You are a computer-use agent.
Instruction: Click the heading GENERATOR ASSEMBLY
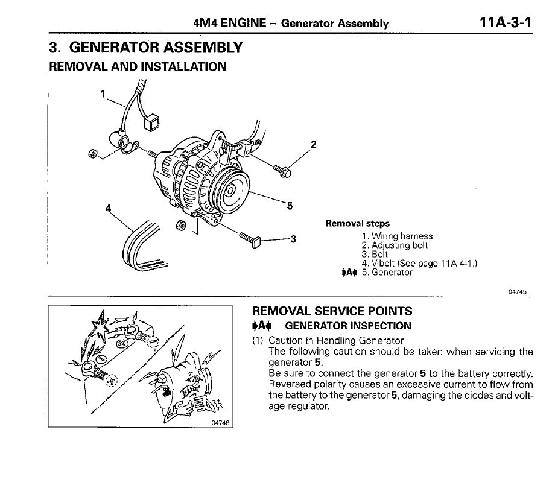pyautogui.click(x=145, y=48)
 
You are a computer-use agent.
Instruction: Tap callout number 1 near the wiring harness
pyautogui.click(x=103, y=93)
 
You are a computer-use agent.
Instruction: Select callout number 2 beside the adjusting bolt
pyautogui.click(x=313, y=145)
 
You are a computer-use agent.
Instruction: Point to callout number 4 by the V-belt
pyautogui.click(x=109, y=208)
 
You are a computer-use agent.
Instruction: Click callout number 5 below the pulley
pyautogui.click(x=290, y=206)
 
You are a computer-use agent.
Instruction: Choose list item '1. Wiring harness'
pyautogui.click(x=397, y=236)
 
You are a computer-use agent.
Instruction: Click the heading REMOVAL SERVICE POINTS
pyautogui.click(x=332, y=312)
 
